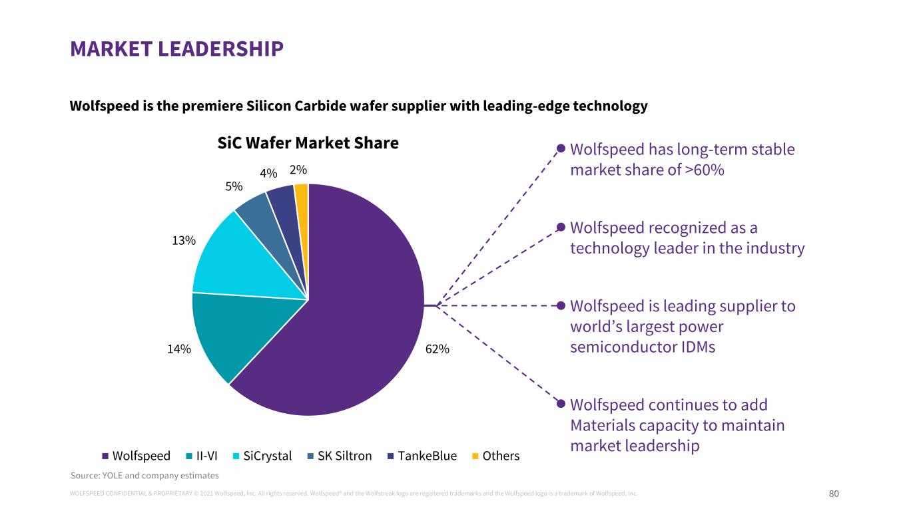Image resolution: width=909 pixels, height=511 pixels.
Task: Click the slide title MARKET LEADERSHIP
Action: [176, 49]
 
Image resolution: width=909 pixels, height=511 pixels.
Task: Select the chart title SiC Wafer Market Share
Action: [308, 143]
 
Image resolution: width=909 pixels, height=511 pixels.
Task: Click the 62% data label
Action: [438, 349]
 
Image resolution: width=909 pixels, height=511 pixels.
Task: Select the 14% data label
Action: [179, 349]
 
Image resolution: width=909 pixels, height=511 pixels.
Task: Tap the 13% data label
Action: [183, 241]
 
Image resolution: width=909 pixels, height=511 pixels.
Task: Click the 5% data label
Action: [234, 187]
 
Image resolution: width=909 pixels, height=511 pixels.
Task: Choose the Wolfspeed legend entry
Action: [136, 456]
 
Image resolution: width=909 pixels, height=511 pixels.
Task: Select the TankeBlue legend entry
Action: [422, 456]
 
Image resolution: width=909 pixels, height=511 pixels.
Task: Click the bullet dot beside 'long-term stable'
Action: [561, 148]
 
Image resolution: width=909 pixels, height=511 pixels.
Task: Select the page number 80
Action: [834, 494]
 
